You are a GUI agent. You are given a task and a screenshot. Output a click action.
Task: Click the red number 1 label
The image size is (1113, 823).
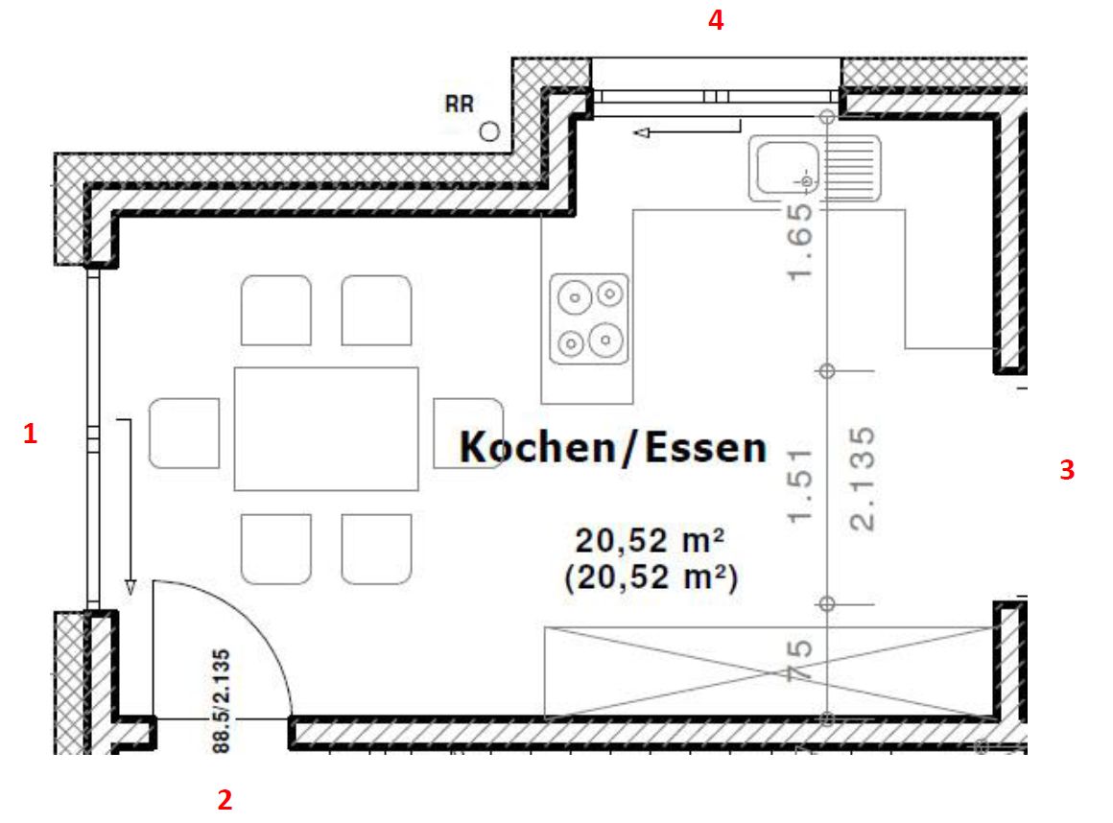pyautogui.click(x=30, y=435)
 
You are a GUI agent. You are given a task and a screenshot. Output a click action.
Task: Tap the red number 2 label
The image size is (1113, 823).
pyautogui.click(x=225, y=799)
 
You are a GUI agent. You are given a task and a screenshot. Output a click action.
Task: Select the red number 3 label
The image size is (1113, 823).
pyautogui.click(x=1066, y=470)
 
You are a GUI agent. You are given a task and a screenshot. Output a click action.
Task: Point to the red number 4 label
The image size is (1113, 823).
pyautogui.click(x=715, y=21)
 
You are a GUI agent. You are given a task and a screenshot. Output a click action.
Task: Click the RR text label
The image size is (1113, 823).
pyautogui.click(x=460, y=105)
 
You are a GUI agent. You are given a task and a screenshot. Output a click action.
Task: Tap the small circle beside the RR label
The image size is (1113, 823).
pyautogui.click(x=490, y=131)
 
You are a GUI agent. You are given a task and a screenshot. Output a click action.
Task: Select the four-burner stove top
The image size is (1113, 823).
pyautogui.click(x=589, y=318)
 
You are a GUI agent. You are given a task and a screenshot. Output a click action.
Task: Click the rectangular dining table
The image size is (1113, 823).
pyautogui.click(x=326, y=428)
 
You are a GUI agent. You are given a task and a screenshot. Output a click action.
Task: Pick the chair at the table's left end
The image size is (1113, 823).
pyautogui.click(x=184, y=433)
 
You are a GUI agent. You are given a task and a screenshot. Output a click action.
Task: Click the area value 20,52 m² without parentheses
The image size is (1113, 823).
pyautogui.click(x=649, y=541)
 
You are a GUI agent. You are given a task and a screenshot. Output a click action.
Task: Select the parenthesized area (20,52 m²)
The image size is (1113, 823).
pyautogui.click(x=651, y=577)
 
